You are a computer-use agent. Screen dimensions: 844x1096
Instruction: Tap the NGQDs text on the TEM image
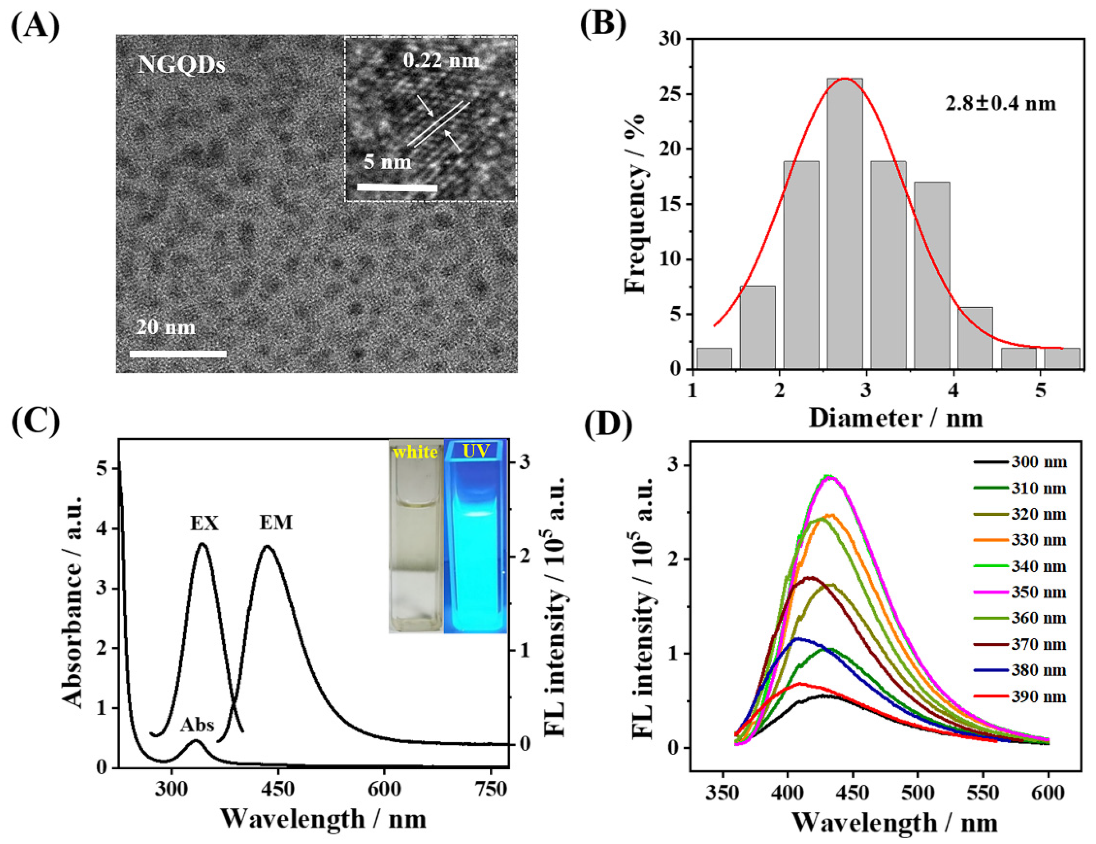[x=182, y=65]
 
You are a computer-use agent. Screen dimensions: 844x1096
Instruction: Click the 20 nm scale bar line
[x=178, y=354]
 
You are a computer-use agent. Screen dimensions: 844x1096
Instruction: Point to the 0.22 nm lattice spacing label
[x=442, y=61]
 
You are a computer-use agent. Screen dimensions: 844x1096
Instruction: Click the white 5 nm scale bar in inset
[x=398, y=188]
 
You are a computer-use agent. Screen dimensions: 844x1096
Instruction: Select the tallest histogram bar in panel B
[x=845, y=223]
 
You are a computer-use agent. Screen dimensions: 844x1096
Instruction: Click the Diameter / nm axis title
[x=895, y=419]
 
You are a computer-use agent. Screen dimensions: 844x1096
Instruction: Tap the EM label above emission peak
[x=276, y=523]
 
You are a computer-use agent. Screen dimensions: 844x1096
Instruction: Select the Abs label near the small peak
[x=198, y=725]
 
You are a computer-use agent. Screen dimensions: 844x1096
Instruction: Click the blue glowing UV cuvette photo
[x=475, y=537]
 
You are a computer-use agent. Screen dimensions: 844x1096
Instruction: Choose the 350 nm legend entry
[x=1019, y=592]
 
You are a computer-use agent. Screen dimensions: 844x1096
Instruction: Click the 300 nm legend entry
[x=1019, y=462]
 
